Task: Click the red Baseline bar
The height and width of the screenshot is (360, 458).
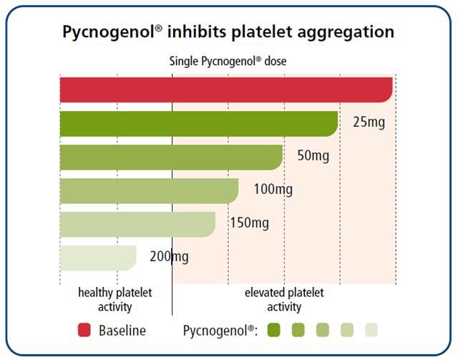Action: [226, 90]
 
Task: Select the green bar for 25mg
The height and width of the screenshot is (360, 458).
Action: [199, 124]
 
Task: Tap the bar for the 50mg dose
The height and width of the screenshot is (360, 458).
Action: [171, 157]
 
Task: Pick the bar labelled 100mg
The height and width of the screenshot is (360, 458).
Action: [150, 191]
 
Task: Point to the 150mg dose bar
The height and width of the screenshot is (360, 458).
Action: [137, 225]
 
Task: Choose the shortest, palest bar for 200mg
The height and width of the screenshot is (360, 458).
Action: [98, 258]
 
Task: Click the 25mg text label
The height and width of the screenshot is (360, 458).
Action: [369, 122]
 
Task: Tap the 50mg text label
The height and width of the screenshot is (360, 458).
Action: [313, 156]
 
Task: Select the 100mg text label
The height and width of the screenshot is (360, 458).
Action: [273, 190]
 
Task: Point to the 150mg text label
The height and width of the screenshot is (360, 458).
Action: [250, 223]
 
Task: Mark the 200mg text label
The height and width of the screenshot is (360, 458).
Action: [169, 257]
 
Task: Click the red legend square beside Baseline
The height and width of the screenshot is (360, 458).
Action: [84, 330]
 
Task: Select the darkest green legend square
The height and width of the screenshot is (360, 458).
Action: [273, 330]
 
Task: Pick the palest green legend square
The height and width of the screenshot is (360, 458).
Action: [371, 330]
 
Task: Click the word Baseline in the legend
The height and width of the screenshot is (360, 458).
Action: [122, 331]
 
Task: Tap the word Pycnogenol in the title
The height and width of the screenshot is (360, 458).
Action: [109, 32]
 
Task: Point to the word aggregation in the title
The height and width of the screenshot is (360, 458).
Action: [346, 32]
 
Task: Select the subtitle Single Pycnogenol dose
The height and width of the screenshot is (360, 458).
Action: [228, 62]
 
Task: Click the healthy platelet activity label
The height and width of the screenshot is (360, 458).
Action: [114, 299]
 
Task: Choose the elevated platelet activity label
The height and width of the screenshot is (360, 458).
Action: [284, 299]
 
